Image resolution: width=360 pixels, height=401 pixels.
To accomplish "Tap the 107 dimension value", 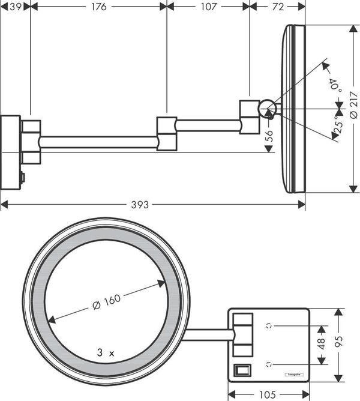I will (208, 7).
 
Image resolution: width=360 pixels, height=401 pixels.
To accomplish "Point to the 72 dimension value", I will (277, 7).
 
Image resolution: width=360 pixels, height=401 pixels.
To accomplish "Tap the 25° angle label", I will (339, 127).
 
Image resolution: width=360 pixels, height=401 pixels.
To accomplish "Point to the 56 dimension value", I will (269, 135).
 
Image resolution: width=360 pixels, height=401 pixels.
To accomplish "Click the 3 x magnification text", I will (106, 354).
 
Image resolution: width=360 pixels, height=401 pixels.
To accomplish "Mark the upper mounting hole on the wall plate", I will (269, 326).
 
